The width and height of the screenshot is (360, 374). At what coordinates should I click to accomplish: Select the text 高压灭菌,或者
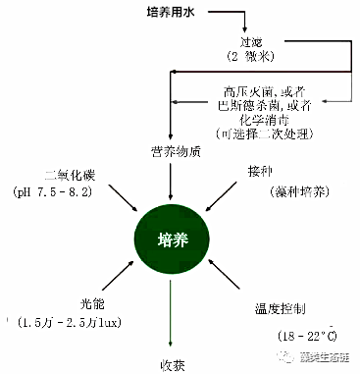coord(257,91)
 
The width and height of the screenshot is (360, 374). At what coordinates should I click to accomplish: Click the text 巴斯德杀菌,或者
coord(257,104)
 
